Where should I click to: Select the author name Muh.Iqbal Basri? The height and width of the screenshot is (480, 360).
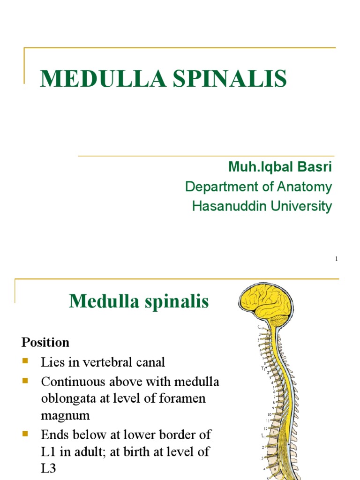point(280,166)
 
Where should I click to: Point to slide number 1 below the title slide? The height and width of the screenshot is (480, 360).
point(336,259)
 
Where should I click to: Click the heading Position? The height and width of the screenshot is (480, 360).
point(45,342)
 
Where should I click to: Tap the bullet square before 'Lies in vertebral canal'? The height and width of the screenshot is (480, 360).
point(25,361)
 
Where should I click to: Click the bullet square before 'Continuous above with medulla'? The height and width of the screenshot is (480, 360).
point(25,381)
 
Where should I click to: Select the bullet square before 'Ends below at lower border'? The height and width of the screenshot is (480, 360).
point(25,434)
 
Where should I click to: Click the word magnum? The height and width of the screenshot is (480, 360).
point(65,416)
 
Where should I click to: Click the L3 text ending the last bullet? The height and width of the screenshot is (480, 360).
point(49,469)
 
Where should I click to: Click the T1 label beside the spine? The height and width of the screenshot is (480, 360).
point(264,368)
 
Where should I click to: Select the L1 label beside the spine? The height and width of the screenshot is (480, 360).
point(263,436)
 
